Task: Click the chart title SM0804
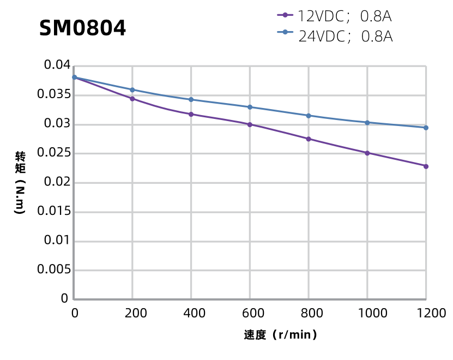(82, 28)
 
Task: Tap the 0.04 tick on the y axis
(57, 66)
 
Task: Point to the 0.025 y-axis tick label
(53, 153)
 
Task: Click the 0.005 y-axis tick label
(53, 269)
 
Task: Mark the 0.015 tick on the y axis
(53, 212)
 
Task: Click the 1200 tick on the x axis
(426, 313)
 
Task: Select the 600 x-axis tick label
(250, 313)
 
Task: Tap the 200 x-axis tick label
(132, 313)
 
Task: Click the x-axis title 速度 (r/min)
(280, 335)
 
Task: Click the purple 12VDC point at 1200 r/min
(426, 166)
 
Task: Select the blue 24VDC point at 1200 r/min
(426, 128)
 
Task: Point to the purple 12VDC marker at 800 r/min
(309, 139)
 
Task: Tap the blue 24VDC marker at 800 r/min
(309, 116)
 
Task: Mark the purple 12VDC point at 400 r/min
(191, 114)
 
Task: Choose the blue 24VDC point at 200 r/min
(132, 89)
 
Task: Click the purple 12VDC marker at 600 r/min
(250, 124)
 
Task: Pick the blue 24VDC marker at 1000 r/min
(367, 122)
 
